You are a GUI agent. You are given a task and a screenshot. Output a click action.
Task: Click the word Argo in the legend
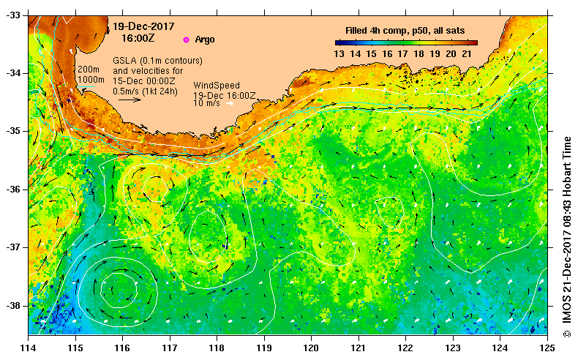[205, 40]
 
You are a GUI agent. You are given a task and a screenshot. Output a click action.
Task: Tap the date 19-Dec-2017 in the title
[138, 26]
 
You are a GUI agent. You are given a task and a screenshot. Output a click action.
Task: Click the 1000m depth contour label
[91, 79]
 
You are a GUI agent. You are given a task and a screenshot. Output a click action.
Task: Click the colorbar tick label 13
[339, 53]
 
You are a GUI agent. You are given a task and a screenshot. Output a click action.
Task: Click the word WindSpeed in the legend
[216, 86]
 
